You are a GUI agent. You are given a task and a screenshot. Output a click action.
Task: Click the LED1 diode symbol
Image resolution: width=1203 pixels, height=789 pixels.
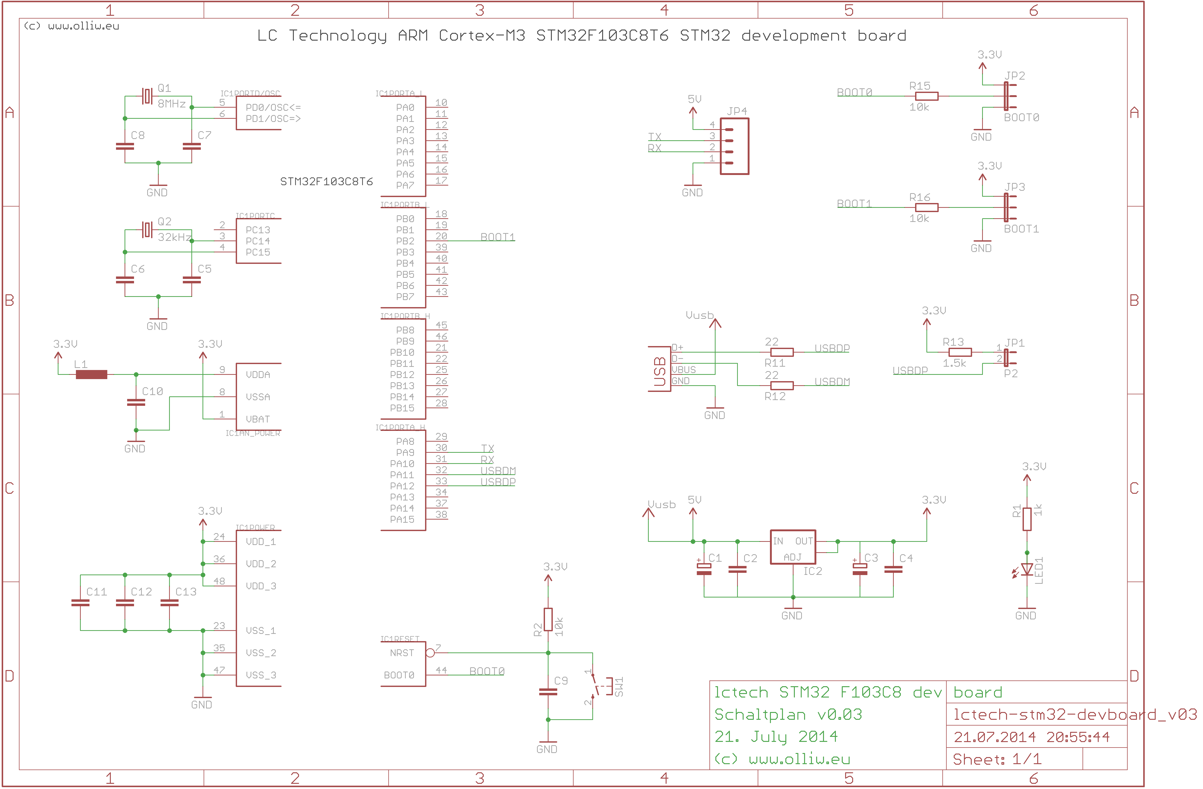[x=1027, y=570]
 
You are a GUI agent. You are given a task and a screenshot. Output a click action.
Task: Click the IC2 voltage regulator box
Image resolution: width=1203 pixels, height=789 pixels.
[x=793, y=547]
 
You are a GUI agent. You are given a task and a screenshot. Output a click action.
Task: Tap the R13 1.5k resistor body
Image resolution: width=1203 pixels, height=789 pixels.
[x=960, y=352]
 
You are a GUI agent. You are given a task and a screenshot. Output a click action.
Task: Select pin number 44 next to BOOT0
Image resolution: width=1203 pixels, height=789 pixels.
[x=441, y=670]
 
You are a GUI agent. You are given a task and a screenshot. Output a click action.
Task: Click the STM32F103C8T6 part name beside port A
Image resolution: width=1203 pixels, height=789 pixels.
[x=327, y=181]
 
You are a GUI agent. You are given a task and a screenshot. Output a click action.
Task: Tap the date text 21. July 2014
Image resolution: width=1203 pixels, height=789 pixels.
[x=776, y=737]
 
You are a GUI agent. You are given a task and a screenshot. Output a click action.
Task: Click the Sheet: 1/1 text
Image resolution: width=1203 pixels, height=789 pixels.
[x=997, y=759]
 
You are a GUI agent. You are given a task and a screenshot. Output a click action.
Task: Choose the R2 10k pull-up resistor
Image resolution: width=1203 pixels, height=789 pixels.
[x=549, y=620]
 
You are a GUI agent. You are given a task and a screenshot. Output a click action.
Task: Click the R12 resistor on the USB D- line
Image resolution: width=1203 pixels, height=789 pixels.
[x=782, y=386]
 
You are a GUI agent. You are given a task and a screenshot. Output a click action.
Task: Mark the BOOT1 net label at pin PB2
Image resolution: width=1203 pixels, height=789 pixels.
[x=497, y=237]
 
